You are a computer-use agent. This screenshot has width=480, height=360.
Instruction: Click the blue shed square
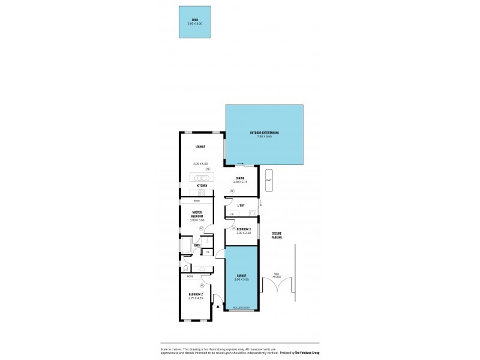(194, 23)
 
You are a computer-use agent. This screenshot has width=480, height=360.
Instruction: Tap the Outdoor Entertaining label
(264, 133)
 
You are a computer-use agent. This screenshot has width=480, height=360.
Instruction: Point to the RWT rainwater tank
(269, 181)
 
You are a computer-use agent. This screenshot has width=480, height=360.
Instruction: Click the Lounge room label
(200, 146)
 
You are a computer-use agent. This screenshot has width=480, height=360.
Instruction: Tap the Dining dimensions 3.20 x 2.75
(240, 182)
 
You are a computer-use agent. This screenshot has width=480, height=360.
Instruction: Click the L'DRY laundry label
(241, 206)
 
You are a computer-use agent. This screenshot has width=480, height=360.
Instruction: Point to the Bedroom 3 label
(244, 230)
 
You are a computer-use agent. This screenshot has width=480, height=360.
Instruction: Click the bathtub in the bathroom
(185, 246)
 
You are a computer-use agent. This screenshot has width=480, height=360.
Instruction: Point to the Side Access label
(277, 275)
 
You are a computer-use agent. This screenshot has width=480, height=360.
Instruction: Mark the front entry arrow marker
(218, 306)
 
